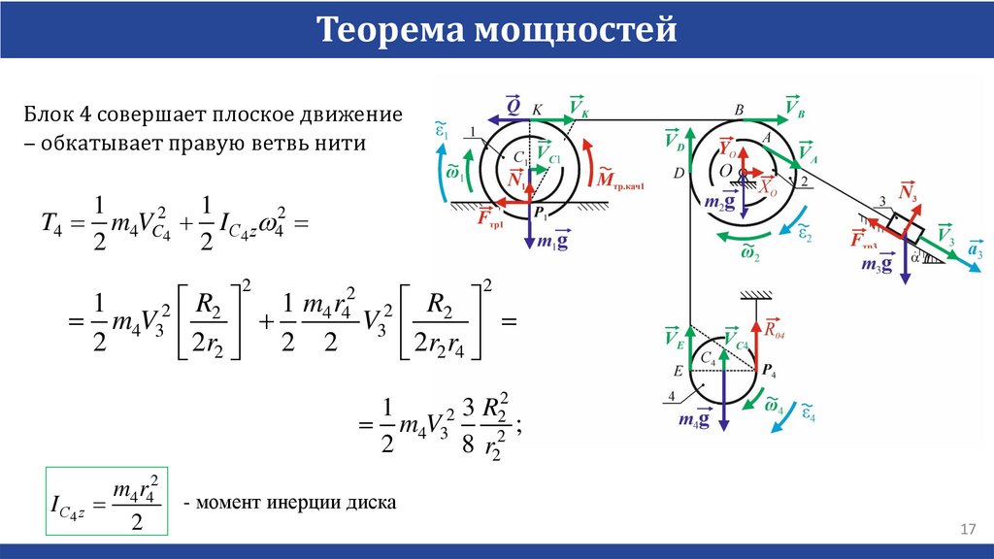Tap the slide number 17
(x=967, y=529)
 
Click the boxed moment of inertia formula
(x=107, y=501)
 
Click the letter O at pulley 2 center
(x=724, y=171)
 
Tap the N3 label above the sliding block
(x=910, y=191)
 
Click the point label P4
(x=769, y=370)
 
